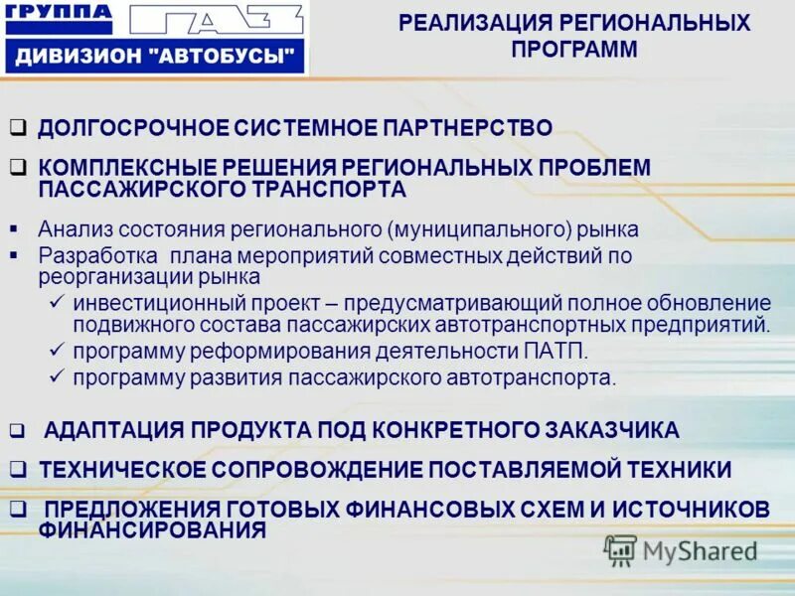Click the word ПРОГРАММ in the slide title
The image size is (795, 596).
tap(575, 50)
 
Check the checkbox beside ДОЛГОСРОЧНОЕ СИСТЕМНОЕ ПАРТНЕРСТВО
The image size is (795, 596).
tap(17, 128)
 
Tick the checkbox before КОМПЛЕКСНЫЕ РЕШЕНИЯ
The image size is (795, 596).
tap(17, 167)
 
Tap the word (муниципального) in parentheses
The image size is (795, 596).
tap(482, 229)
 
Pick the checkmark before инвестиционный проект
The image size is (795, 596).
tap(56, 301)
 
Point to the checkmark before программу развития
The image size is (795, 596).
tap(56, 376)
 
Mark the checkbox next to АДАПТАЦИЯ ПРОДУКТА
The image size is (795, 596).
tap(17, 431)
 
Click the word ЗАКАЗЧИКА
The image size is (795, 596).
tap(613, 430)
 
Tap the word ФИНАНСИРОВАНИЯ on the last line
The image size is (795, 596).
tap(152, 530)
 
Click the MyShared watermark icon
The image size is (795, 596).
tap(620, 548)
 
